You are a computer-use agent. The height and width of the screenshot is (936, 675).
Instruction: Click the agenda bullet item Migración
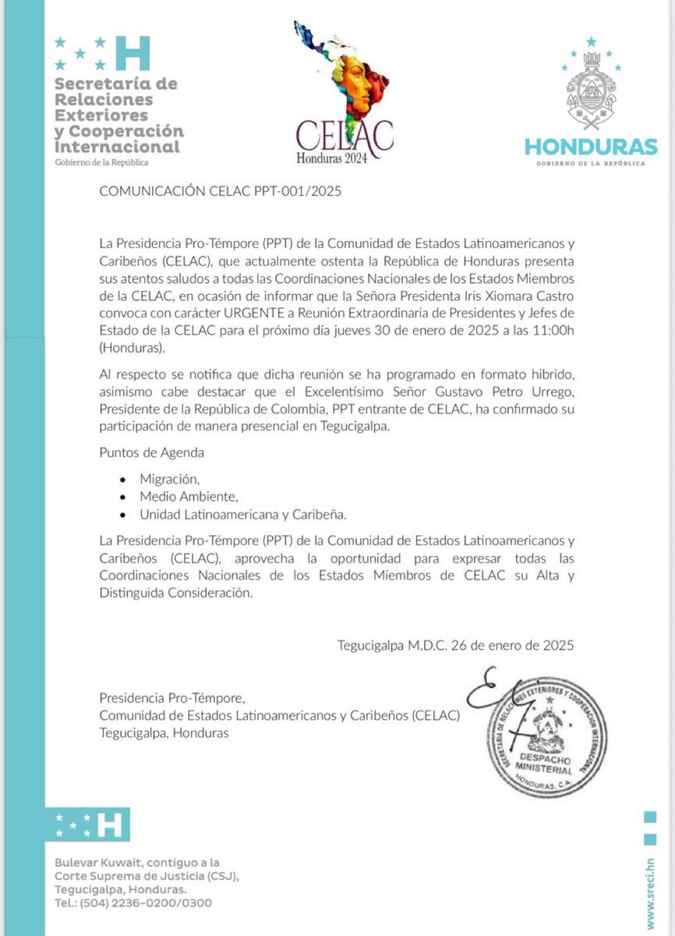[164, 478]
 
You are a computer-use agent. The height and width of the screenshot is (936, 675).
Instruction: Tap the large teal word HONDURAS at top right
[590, 146]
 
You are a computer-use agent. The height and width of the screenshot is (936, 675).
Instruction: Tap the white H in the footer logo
[112, 824]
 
